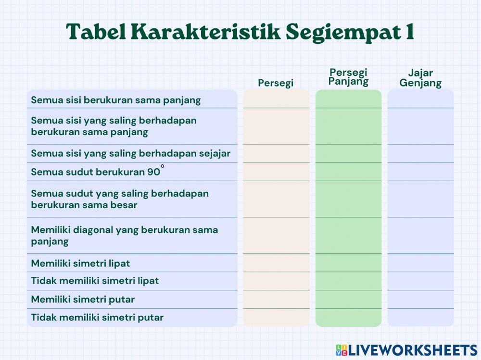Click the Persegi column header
tap(276, 83)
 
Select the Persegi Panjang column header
tap(348, 77)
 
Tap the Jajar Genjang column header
tap(420, 78)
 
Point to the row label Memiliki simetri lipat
tap(80, 263)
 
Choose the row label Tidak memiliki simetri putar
tap(97, 317)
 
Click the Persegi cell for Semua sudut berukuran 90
tap(276, 172)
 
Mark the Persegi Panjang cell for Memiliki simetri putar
tap(348, 299)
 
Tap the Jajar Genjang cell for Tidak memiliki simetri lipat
tap(420, 281)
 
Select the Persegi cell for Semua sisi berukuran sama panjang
tap(276, 99)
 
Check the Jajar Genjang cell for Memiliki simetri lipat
tap(420, 263)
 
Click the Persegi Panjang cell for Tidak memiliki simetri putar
tap(348, 317)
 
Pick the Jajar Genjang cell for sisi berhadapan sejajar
tap(420, 153)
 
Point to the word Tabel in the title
tap(94, 32)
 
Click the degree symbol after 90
tap(163, 166)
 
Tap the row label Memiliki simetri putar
tap(83, 299)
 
